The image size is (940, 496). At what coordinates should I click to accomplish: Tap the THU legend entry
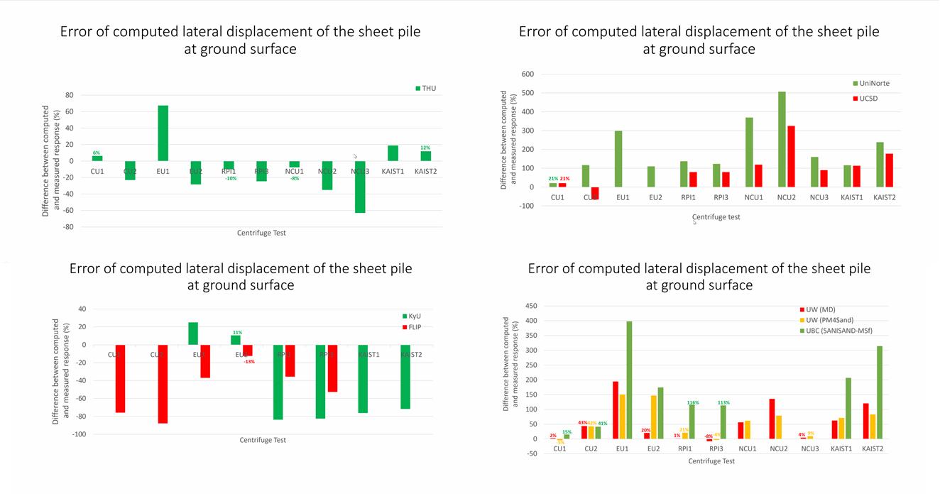pyautogui.click(x=426, y=89)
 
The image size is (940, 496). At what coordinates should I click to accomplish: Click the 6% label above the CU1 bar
pyautogui.click(x=97, y=153)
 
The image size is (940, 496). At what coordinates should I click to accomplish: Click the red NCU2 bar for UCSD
pyautogui.click(x=791, y=156)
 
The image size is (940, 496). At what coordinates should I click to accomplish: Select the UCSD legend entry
pyautogui.click(x=868, y=98)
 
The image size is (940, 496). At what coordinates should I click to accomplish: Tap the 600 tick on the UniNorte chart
pyautogui.click(x=527, y=74)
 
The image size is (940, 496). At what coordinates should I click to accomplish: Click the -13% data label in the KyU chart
pyautogui.click(x=249, y=362)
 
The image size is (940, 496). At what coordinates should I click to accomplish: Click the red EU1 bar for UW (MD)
pyautogui.click(x=615, y=410)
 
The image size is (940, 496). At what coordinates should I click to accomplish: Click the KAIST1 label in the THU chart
pyautogui.click(x=393, y=171)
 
